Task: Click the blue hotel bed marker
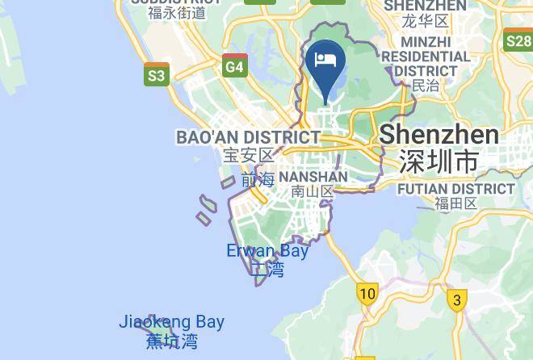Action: pos(325,62)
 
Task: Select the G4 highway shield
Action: pos(234,66)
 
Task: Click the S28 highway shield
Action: pos(517,40)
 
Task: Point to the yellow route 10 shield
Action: pos(367,293)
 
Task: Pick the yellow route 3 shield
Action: pos(457,301)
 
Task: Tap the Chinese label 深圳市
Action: pos(439,161)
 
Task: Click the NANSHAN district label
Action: pos(313,176)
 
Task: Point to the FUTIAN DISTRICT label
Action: pos(456,189)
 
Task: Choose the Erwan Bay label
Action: pos(267,251)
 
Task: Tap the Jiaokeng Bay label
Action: pos(171,322)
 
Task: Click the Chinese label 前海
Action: pos(258,179)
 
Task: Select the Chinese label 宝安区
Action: pos(250,155)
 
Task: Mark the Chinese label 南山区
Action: pos(313,191)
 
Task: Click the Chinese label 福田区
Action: pos(456,204)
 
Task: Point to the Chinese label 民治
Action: pos(426,86)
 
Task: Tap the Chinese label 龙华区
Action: pos(426,21)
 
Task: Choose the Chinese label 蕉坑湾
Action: pos(171,341)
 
